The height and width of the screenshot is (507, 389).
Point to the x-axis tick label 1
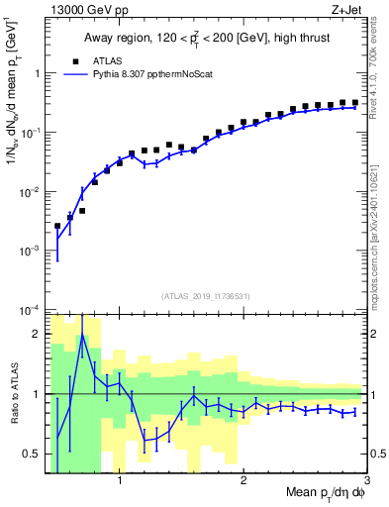[x=120, y=482]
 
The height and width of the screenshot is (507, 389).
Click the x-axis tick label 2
[x=243, y=482]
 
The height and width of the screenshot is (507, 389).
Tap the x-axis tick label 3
[x=366, y=482]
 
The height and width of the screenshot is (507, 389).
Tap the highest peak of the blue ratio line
[x=82, y=336]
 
